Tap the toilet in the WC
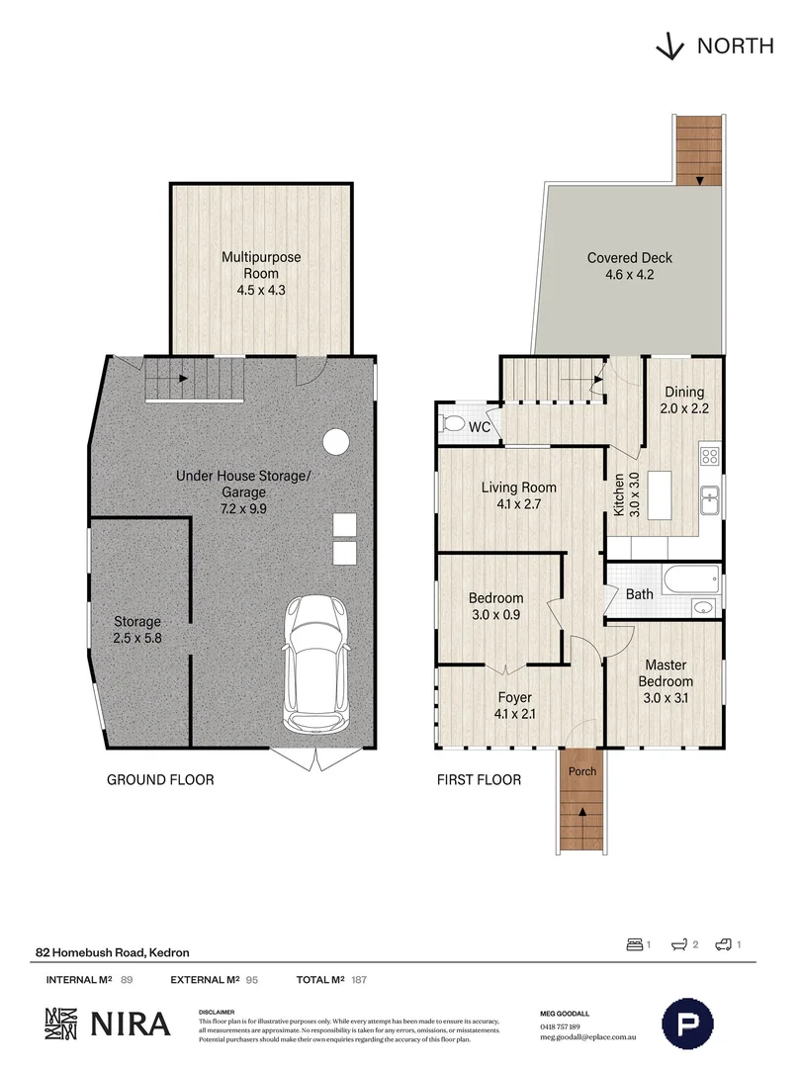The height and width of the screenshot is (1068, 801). point(454,424)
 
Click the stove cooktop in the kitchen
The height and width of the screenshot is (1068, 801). point(709,456)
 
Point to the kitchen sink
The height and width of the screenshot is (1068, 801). point(709,501)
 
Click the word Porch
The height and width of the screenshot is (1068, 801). point(581,771)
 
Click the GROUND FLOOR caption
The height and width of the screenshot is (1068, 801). point(160,780)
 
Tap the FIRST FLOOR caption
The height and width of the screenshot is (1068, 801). point(480,780)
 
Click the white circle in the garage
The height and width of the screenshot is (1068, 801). point(336,440)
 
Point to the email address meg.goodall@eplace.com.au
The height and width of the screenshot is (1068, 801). point(590,1038)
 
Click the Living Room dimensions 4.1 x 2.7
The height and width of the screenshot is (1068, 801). point(519,504)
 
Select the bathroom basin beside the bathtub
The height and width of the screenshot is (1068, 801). point(703,606)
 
